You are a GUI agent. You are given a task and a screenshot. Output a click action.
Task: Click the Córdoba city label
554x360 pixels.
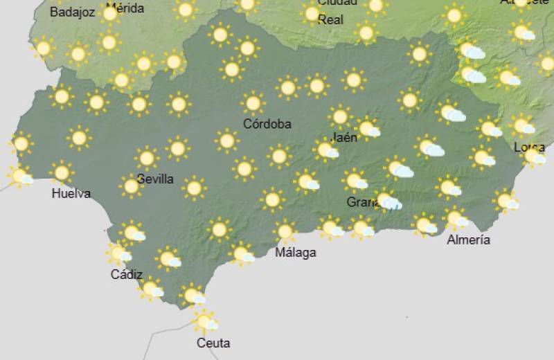click(267, 125)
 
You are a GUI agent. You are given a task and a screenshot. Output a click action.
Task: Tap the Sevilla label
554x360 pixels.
click(155, 179)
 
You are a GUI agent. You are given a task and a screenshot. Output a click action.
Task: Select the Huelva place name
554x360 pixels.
click(71, 194)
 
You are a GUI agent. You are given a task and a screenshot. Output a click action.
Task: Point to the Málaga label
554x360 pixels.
click(296, 253)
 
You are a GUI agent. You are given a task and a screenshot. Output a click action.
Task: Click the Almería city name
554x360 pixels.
click(469, 240)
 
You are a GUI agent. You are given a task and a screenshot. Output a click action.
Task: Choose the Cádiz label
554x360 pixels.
click(127, 275)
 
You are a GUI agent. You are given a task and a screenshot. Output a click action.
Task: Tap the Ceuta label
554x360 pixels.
click(213, 343)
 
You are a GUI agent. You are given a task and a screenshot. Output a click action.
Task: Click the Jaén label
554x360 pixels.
click(345, 137)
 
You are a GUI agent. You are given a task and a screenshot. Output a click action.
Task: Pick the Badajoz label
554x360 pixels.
click(72, 12)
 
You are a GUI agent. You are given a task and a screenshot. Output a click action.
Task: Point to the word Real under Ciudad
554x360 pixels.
click(330, 20)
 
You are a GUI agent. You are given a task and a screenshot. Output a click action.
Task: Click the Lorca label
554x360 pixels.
click(530, 147)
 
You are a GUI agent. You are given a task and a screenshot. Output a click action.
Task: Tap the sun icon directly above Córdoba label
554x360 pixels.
click(253, 104)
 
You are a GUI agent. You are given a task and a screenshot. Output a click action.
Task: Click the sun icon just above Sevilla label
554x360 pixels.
click(147, 158)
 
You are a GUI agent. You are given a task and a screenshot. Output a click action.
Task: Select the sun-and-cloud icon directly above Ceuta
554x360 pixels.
click(205, 321)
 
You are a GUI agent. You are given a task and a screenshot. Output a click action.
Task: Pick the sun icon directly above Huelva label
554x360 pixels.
click(62, 172)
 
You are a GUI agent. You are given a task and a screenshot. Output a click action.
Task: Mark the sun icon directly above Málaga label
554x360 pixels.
click(285, 231)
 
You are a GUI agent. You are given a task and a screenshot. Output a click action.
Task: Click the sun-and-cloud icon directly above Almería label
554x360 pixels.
click(455, 218)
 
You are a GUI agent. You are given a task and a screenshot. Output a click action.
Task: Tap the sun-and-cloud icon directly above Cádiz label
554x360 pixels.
click(118, 253)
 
